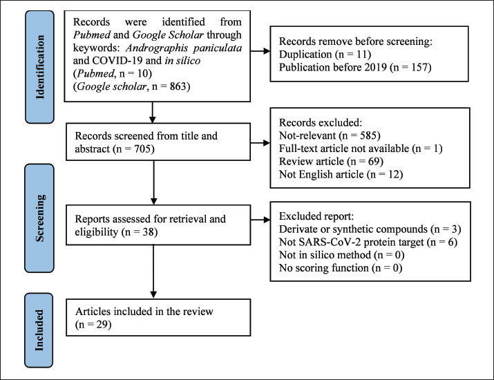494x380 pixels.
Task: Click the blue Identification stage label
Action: click(x=39, y=67)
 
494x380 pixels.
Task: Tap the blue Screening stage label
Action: click(x=39, y=218)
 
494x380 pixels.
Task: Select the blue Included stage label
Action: click(x=39, y=330)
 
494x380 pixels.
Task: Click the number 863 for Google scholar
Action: click(x=178, y=86)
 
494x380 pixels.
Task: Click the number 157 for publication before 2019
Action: click(x=419, y=67)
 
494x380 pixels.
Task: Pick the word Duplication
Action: click(x=305, y=54)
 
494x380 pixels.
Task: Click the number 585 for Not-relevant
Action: click(x=368, y=135)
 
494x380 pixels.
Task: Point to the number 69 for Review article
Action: click(x=374, y=161)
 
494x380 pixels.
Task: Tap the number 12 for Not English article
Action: click(x=394, y=174)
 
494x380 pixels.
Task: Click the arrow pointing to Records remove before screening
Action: click(x=260, y=51)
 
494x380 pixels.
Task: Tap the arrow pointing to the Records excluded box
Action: click(x=260, y=143)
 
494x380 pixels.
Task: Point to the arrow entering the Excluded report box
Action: click(x=260, y=220)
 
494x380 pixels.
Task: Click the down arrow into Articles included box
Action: click(x=153, y=272)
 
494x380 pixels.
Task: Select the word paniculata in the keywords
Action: click(x=218, y=48)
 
